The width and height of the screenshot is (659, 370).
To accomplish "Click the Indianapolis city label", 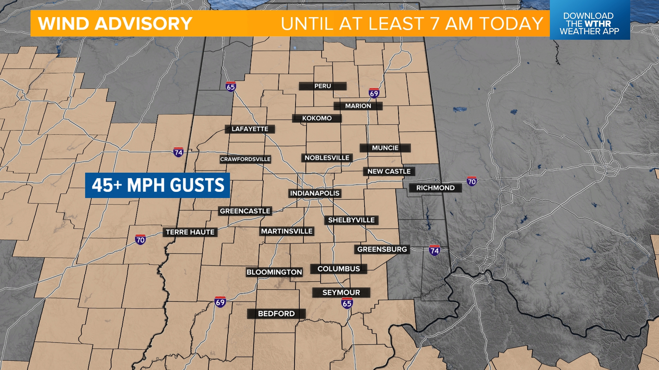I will (x=315, y=193).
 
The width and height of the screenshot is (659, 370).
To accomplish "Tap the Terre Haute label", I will (x=190, y=232).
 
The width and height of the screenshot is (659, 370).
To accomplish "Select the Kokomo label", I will (x=317, y=118).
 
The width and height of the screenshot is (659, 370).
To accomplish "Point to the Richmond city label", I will (x=435, y=188).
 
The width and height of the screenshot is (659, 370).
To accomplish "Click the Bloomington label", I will (x=274, y=272).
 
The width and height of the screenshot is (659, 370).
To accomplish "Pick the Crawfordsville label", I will (x=245, y=159).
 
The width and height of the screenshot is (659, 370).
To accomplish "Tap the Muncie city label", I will (x=385, y=148).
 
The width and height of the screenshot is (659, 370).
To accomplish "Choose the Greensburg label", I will (x=382, y=249).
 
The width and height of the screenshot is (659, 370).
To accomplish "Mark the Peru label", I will (x=323, y=86).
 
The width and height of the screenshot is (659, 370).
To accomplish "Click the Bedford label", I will (x=276, y=313).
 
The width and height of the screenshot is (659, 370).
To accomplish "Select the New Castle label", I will (x=389, y=171).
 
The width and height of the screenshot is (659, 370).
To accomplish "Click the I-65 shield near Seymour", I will (x=347, y=303).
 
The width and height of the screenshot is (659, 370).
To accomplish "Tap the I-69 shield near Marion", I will (x=374, y=93).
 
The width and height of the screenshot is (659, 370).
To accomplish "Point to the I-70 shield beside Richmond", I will (x=472, y=181).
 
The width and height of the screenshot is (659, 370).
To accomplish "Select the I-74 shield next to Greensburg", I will (x=434, y=250).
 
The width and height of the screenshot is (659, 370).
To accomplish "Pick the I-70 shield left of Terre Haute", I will (x=140, y=239).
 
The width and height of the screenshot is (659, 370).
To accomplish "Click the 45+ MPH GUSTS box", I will (x=158, y=185).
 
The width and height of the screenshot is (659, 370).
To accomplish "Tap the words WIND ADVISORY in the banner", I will (x=115, y=24).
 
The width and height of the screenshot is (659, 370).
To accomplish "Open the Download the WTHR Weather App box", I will (x=589, y=23).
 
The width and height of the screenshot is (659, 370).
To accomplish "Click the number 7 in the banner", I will (x=435, y=24).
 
